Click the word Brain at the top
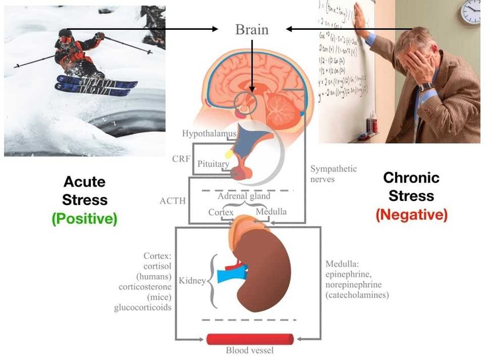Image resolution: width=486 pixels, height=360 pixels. (x=252, y=29)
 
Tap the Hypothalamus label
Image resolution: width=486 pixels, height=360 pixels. (x=209, y=134)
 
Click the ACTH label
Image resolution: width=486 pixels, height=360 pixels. (x=172, y=201)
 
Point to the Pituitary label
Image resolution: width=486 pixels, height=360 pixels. (x=213, y=164)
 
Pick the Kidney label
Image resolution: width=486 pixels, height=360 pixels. (x=192, y=281)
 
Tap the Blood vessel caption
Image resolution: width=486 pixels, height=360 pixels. (x=250, y=350)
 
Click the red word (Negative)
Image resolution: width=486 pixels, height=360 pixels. (x=411, y=215)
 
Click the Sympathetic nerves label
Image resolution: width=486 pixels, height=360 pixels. (x=333, y=174)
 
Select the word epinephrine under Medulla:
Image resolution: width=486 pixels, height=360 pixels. (x=350, y=274)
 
